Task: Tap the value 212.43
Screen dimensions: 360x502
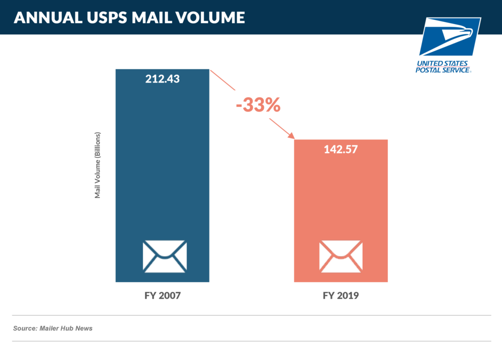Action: (x=162, y=79)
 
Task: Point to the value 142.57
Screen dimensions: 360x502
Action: (x=341, y=150)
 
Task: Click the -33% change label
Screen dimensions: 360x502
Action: (x=258, y=105)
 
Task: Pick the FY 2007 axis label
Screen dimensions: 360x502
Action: (x=162, y=296)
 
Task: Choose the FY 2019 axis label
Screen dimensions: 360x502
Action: (x=341, y=296)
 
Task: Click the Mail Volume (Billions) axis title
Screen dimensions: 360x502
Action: (x=97, y=165)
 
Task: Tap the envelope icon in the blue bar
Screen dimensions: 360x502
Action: (x=164, y=256)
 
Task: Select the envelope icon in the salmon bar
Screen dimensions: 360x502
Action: (x=341, y=256)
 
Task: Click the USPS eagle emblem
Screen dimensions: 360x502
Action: (x=450, y=37)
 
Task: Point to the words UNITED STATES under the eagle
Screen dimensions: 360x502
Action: (x=443, y=63)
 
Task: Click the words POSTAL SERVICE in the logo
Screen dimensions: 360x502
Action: (x=443, y=70)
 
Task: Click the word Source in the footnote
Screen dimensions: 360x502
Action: (x=25, y=328)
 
